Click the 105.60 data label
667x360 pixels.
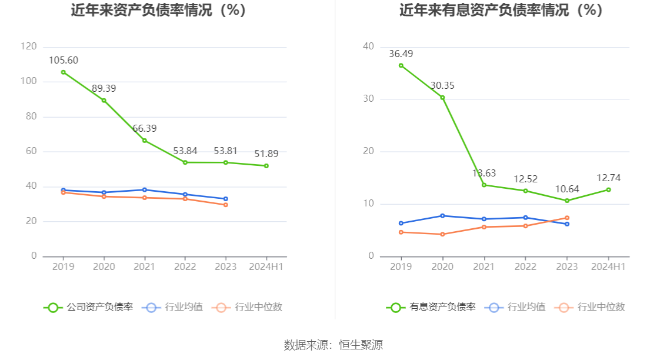pos(64,60)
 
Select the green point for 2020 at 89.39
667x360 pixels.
pos(104,101)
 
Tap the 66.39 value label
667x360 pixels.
pos(144,128)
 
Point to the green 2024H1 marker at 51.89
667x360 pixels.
pos(266,166)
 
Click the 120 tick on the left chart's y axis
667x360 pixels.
pos(28,46)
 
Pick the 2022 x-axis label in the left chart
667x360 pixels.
pos(185,266)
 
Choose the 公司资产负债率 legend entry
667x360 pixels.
pos(88,307)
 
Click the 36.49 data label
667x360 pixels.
pos(401,54)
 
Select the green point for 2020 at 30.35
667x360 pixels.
pos(442,98)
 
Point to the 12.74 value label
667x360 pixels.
pos(608,178)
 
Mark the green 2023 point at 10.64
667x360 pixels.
pos(567,201)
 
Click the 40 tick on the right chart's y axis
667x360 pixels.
pos(369,46)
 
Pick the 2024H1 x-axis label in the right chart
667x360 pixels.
pos(608,266)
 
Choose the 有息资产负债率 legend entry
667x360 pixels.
pos(431,307)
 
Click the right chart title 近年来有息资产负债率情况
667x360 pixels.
pos(501,11)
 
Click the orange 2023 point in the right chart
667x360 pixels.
pos(567,218)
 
